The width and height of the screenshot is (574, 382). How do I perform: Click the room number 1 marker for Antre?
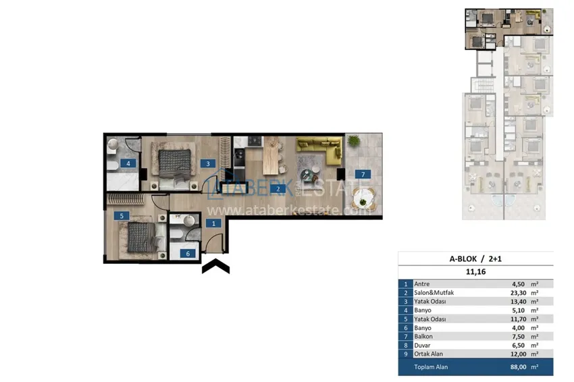pyautogui.click(x=213, y=223)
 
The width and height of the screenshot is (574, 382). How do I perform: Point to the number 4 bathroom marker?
pyautogui.click(x=127, y=163)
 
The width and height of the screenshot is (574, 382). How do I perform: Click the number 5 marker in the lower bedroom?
pyautogui.click(x=122, y=216)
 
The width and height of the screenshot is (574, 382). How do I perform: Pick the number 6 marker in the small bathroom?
pyautogui.click(x=189, y=253)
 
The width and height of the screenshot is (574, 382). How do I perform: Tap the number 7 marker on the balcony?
pyautogui.click(x=363, y=175)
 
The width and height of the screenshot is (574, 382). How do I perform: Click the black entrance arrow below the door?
pyautogui.click(x=216, y=267)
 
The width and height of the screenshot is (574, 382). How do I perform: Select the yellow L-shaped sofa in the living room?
pyautogui.click(x=319, y=150)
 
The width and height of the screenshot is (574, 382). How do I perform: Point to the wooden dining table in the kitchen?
pyautogui.click(x=271, y=155)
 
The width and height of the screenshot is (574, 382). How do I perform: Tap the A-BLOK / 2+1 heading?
pyautogui.click(x=475, y=258)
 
